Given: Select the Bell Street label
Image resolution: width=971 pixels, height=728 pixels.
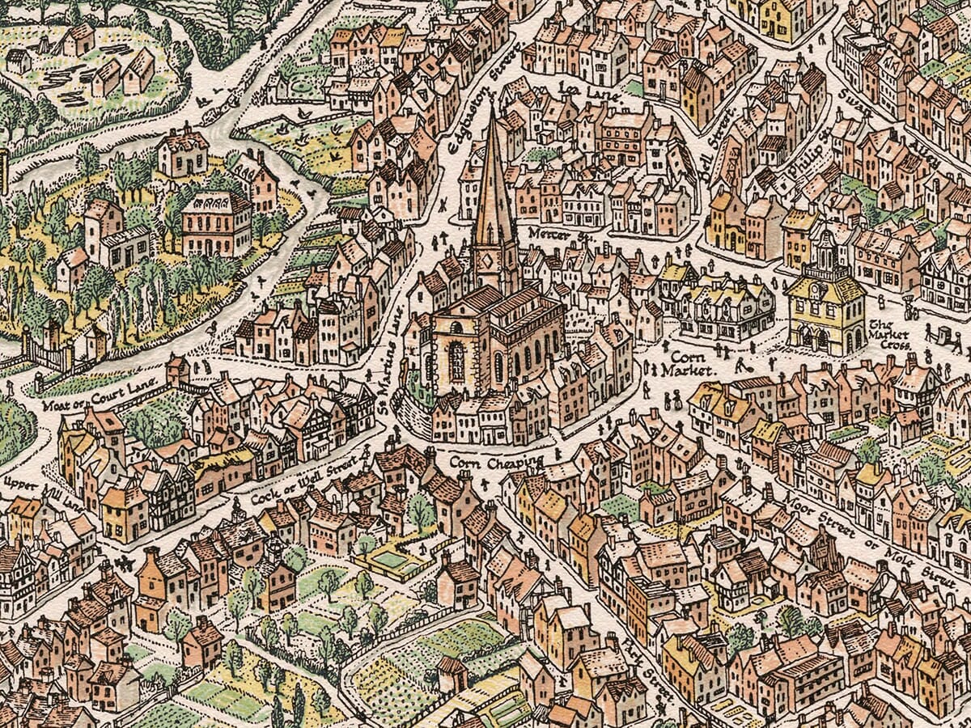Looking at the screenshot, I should point(717,133).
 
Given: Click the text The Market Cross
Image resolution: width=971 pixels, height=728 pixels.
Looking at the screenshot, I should point(889,332).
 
